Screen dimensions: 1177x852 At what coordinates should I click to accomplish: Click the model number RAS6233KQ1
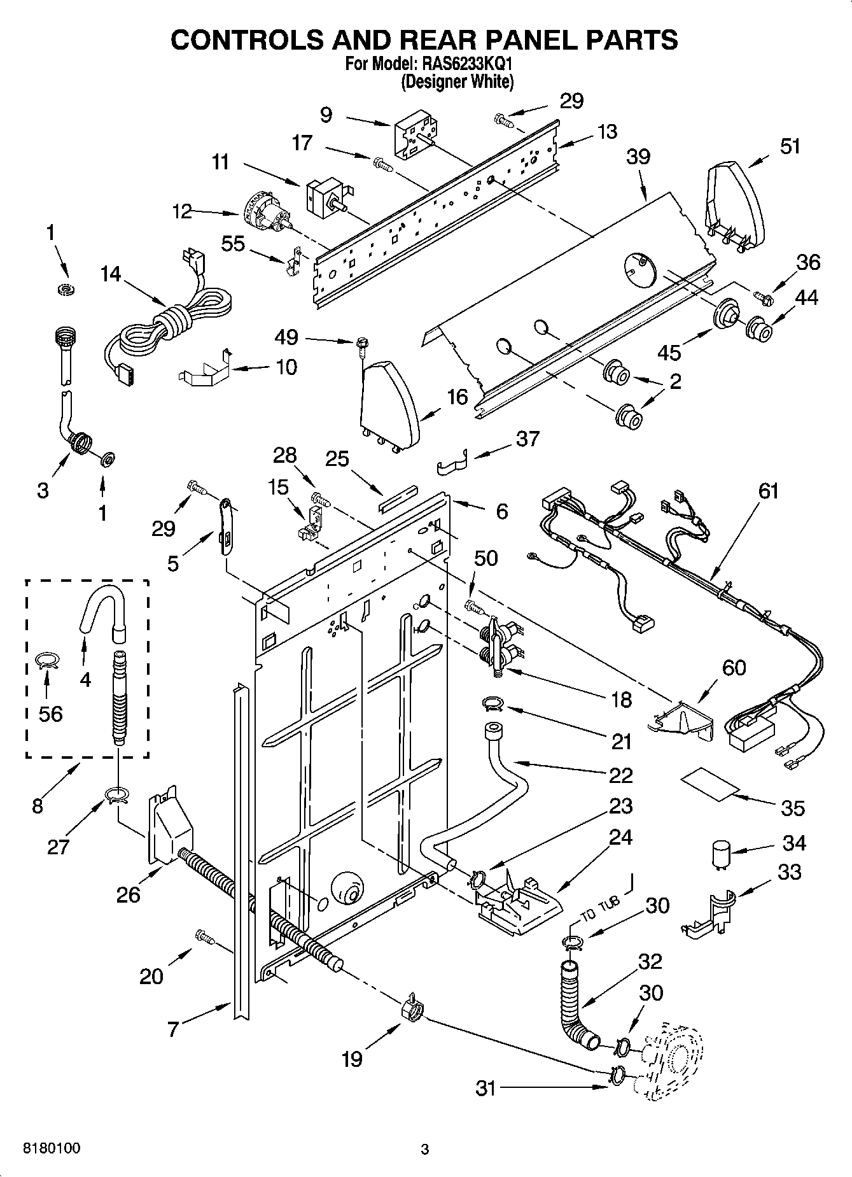pos(459,64)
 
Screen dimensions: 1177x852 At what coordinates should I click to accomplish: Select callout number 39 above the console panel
pos(638,156)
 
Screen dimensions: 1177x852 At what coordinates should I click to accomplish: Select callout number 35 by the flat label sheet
pos(793,808)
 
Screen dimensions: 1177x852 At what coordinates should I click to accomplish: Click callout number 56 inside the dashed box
pos(50,714)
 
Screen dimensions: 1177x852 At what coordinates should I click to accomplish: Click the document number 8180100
pos(52,1149)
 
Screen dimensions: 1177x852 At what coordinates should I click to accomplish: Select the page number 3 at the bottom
pos(425,1150)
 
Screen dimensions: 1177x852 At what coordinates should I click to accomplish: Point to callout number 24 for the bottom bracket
pos(620,838)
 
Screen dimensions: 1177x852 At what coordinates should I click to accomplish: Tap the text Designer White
pos(457,81)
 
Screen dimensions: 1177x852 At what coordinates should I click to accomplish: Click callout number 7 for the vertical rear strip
pos(173,1029)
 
